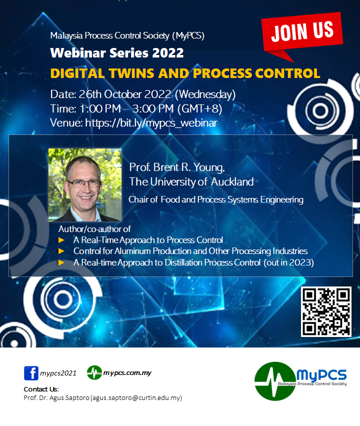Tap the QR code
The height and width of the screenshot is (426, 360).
click(x=326, y=311)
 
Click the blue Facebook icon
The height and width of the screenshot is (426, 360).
click(x=31, y=373)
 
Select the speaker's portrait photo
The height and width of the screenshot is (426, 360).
click(x=85, y=184)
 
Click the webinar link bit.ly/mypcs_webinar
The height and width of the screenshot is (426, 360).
click(x=151, y=123)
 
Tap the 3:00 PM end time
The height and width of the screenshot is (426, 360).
click(x=153, y=109)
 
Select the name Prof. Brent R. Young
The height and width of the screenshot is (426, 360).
click(x=177, y=167)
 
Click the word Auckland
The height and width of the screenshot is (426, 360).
click(x=232, y=182)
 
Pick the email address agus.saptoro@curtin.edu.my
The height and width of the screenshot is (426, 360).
click(x=136, y=397)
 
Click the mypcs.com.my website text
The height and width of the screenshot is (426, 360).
click(x=127, y=373)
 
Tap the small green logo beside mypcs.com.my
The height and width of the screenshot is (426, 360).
click(x=94, y=372)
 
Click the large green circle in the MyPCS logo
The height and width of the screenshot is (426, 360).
click(x=275, y=381)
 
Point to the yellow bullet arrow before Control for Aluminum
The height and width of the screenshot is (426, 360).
click(x=61, y=251)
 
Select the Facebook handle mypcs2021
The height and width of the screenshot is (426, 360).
click(x=58, y=373)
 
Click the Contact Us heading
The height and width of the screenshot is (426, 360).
click(x=41, y=389)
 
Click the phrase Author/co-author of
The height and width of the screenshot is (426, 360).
click(x=94, y=229)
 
